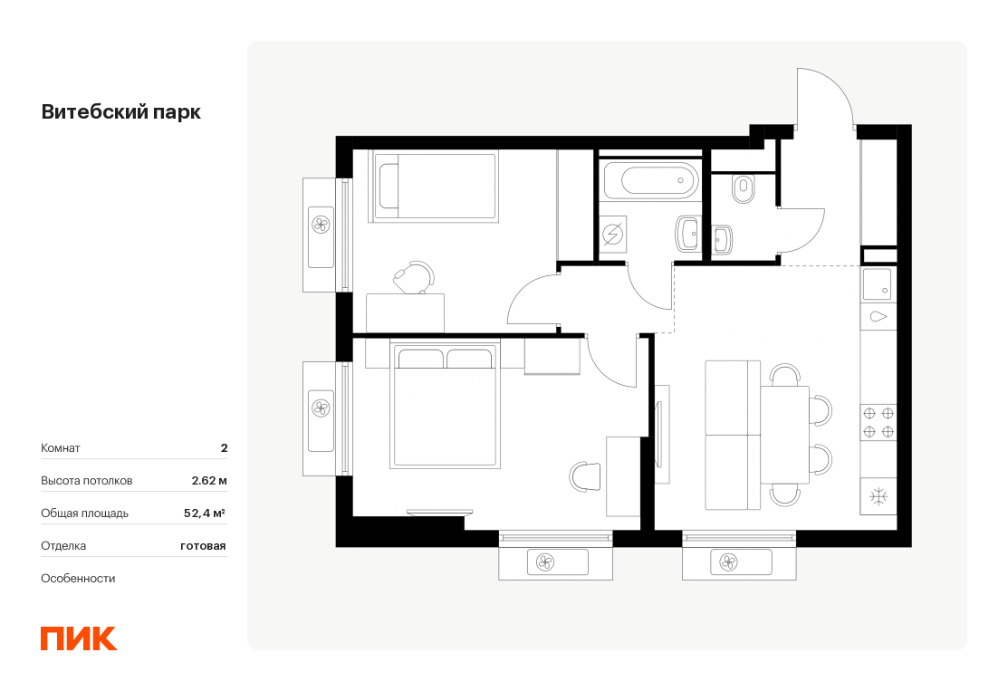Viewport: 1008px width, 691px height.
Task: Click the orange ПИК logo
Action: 79,638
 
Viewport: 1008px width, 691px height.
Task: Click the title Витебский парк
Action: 120,111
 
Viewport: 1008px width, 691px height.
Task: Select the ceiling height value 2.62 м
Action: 209,480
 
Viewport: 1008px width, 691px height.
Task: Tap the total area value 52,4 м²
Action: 205,513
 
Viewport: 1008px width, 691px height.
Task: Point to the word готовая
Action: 203,546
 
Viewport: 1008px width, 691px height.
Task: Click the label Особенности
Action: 78,579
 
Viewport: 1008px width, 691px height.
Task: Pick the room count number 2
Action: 225,448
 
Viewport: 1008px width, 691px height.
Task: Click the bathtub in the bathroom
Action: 650,180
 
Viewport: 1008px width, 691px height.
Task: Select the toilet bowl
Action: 744,187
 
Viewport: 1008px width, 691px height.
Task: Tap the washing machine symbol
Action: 612,235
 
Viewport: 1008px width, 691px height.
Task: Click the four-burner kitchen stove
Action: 878,422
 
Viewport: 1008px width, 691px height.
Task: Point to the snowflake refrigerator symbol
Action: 878,496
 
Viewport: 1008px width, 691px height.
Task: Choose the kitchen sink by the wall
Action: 877,283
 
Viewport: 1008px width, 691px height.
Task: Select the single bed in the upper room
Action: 433,187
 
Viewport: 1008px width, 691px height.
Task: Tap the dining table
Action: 784,435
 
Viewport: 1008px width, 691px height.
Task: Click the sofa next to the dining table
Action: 733,436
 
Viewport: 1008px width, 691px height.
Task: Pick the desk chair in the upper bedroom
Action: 414,277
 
